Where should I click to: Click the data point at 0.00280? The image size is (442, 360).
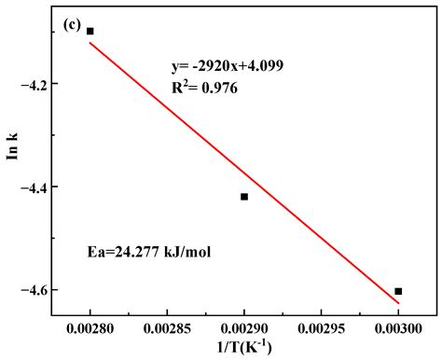(90, 31)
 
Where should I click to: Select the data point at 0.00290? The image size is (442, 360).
(244, 197)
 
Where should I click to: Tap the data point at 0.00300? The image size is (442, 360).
(398, 291)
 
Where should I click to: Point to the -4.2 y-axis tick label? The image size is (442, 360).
(44, 84)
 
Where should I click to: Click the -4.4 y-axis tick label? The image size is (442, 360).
(44, 187)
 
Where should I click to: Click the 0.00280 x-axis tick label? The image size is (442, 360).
(90, 327)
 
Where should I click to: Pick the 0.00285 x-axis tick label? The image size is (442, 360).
(167, 327)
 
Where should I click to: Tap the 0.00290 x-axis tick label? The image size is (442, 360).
(244, 327)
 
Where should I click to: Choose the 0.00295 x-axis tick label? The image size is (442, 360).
(321, 327)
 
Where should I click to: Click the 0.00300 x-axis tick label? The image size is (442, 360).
(398, 327)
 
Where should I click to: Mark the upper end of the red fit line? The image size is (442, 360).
(90, 43)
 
